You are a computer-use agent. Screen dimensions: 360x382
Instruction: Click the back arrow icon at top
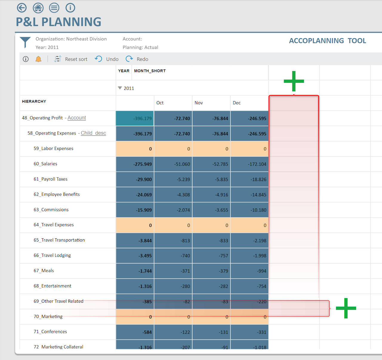22,8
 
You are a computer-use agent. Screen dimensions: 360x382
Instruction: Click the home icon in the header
38,8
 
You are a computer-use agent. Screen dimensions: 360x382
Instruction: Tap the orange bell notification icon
38,59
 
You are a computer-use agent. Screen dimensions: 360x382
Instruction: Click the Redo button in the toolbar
137,59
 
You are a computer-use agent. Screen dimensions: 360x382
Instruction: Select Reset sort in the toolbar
71,59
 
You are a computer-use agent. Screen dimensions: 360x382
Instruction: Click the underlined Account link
77,118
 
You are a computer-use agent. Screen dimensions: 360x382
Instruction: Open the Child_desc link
93,133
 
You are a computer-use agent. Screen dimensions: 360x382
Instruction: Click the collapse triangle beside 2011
120,88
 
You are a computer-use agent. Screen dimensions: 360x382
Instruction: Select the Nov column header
199,103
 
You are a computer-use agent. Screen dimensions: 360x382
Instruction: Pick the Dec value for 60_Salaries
249,164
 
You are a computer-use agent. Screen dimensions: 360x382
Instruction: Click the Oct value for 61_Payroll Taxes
173,179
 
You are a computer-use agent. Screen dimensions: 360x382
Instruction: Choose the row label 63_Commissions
51,210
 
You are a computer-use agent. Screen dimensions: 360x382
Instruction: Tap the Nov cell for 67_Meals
211,271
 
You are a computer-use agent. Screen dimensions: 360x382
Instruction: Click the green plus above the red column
294,81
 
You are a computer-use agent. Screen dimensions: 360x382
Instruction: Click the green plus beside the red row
346,308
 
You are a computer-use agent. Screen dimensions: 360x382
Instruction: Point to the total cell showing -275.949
135,164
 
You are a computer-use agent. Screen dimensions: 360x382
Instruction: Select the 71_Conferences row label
50,332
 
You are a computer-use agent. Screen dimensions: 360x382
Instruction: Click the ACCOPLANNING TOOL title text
327,41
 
